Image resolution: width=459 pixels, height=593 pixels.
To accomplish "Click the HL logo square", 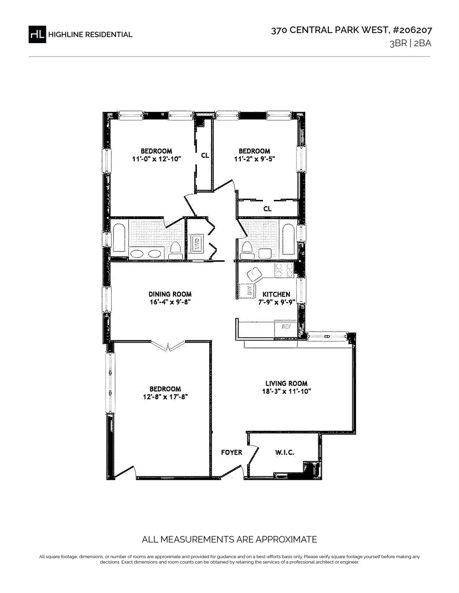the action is point(37,34).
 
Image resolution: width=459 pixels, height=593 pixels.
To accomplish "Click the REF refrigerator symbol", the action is point(286,326).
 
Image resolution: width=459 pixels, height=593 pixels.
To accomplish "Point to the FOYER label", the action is point(231,452).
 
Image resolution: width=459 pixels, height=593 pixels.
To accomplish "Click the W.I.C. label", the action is point(285,452).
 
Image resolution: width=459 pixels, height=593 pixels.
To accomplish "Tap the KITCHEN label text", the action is point(276,294).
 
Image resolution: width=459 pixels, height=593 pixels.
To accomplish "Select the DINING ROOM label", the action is point(170,294).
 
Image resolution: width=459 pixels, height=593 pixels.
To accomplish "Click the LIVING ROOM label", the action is point(286,383).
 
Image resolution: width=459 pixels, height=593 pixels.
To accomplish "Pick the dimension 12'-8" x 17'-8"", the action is point(165,397).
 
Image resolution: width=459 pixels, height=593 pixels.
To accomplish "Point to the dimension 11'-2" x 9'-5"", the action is point(254,159).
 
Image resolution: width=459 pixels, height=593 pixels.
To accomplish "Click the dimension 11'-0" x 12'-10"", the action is point(157,159).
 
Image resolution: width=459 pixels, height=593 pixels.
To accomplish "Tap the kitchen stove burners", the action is point(284,271).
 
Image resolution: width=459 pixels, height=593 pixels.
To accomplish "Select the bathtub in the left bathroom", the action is point(119,238).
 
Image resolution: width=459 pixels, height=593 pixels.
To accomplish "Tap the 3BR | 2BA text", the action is point(410,44).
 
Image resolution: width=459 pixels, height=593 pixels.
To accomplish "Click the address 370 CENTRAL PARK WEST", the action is point(330,30).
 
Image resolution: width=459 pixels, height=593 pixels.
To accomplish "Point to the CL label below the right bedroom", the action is point(267,209).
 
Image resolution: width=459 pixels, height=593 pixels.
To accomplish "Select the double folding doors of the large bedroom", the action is point(168,345).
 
